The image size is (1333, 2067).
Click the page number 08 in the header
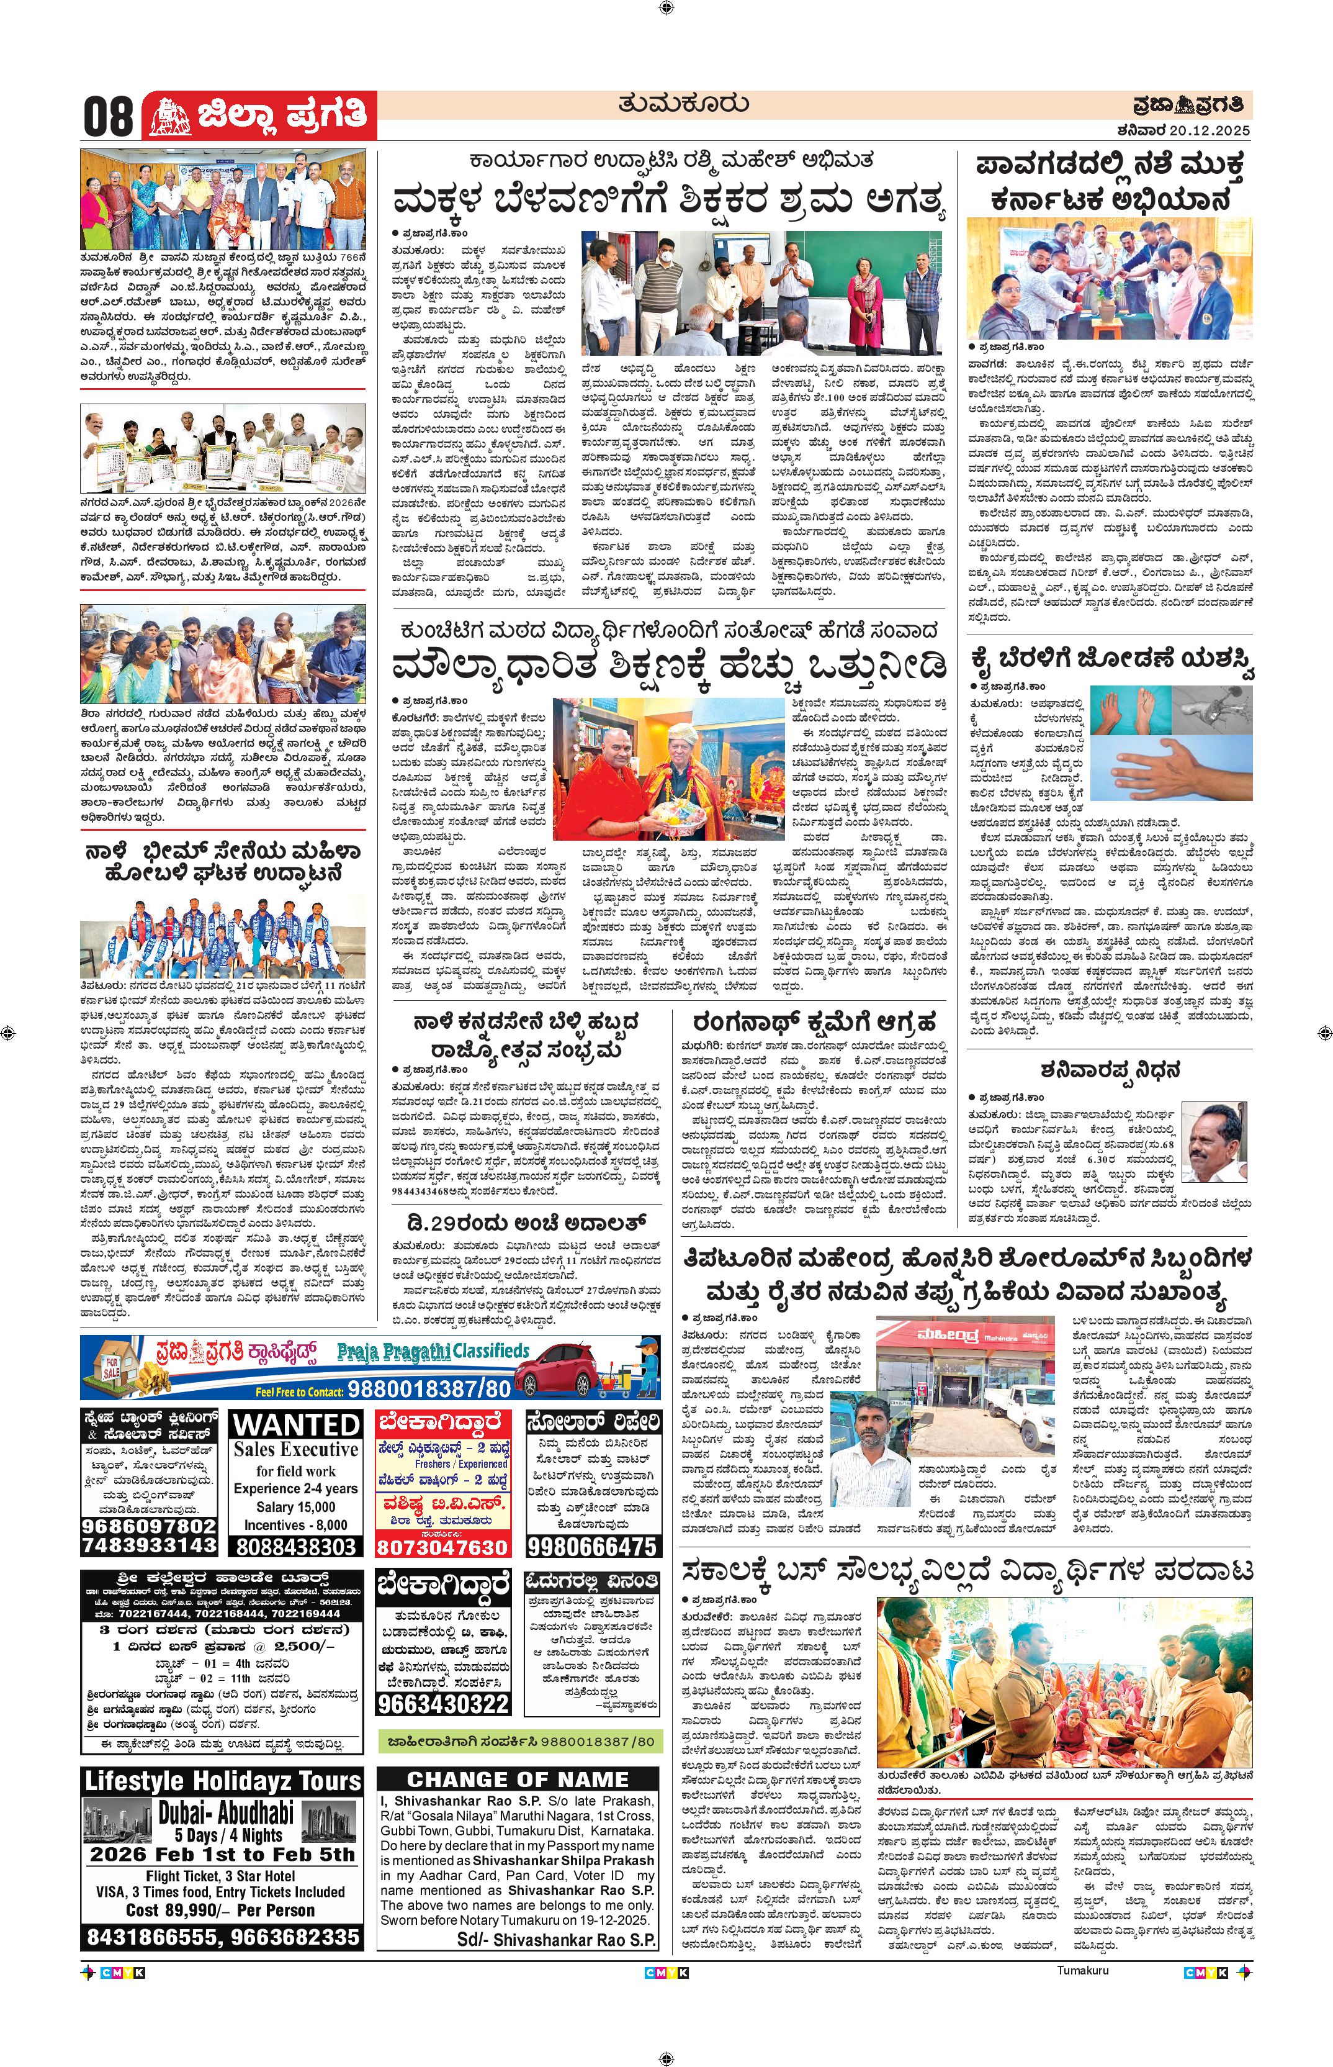[x=109, y=115]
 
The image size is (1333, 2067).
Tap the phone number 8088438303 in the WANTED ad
[x=296, y=1545]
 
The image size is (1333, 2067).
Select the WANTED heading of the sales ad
[x=296, y=1424]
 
